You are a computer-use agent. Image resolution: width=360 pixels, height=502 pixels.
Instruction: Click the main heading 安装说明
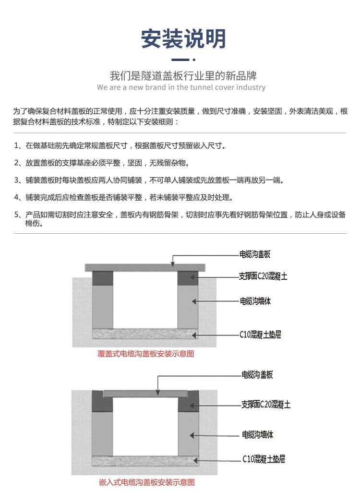pyautogui.click(x=183, y=38)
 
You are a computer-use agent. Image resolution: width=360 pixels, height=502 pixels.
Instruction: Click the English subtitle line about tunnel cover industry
pyautogui.click(x=181, y=87)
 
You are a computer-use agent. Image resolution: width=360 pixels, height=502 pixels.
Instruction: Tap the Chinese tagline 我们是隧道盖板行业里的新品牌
pyautogui.click(x=183, y=76)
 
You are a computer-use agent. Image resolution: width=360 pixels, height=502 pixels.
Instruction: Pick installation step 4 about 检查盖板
pyautogui.click(x=123, y=197)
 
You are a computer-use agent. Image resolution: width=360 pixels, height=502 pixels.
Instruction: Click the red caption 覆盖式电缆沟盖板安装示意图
pyautogui.click(x=145, y=354)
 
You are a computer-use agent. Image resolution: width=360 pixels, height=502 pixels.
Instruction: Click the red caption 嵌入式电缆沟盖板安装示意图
pyautogui.click(x=146, y=482)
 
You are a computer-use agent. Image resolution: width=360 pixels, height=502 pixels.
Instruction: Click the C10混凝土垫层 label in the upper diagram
pyautogui.click(x=260, y=334)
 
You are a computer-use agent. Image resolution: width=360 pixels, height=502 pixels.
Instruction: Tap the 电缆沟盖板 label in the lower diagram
pyautogui.click(x=257, y=374)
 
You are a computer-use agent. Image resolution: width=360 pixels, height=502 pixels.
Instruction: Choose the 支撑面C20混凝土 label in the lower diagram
pyautogui.click(x=265, y=405)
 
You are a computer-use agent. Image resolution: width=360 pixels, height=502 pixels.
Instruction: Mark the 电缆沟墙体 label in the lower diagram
pyautogui.click(x=258, y=435)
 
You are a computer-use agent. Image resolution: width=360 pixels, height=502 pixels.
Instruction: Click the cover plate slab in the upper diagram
pyautogui.click(x=145, y=267)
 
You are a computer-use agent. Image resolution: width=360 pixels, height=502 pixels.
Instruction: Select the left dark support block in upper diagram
pyautogui.click(x=102, y=278)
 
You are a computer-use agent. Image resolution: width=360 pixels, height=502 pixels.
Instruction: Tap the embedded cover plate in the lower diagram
pyautogui.click(x=145, y=393)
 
